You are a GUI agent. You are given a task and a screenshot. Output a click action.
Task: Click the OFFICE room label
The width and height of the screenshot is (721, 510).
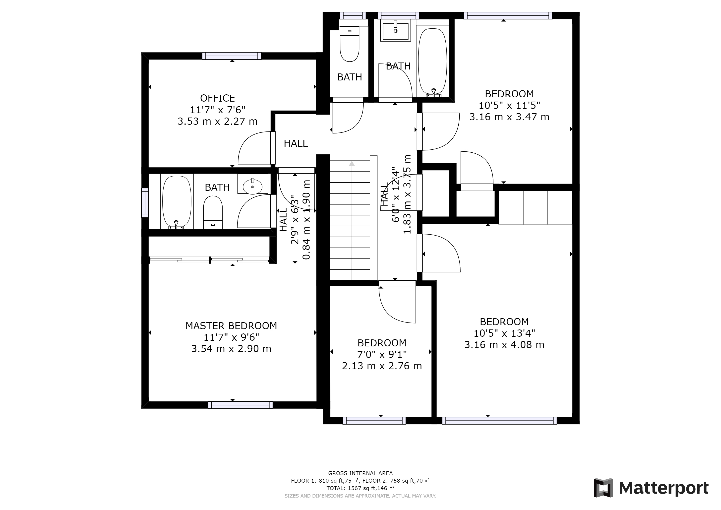217,98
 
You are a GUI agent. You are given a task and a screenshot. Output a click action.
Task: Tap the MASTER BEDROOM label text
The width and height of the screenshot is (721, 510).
231,326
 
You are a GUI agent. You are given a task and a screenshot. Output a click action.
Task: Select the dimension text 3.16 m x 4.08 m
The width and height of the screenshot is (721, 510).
504,345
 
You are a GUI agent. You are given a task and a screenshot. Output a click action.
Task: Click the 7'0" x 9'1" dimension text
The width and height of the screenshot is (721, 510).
382,355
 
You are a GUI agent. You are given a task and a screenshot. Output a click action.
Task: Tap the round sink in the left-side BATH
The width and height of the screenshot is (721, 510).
252,186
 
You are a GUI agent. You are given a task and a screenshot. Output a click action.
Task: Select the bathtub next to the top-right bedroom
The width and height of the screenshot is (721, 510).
433,62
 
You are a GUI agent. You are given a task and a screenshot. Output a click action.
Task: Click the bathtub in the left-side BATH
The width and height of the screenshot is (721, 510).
177,202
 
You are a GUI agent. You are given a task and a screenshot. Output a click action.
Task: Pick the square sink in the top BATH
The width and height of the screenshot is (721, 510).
395,30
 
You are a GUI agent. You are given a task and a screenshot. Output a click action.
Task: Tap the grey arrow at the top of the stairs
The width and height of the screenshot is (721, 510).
352,164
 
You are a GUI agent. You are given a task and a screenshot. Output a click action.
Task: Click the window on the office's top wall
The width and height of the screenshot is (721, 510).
232,56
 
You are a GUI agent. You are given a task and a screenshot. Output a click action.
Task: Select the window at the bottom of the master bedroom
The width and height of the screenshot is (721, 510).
240,405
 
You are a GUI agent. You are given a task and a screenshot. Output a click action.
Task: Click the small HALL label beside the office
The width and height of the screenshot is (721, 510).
296,143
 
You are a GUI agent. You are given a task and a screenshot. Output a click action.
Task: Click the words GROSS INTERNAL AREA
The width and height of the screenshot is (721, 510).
360,473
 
